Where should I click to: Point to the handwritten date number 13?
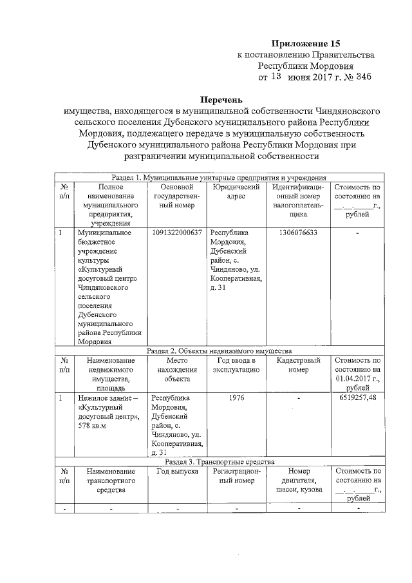275,76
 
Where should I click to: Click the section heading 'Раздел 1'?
220,177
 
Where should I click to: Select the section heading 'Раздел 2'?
220,350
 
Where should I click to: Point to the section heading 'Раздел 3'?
220,461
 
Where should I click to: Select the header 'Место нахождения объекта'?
176,370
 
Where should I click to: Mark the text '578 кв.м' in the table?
93,417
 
